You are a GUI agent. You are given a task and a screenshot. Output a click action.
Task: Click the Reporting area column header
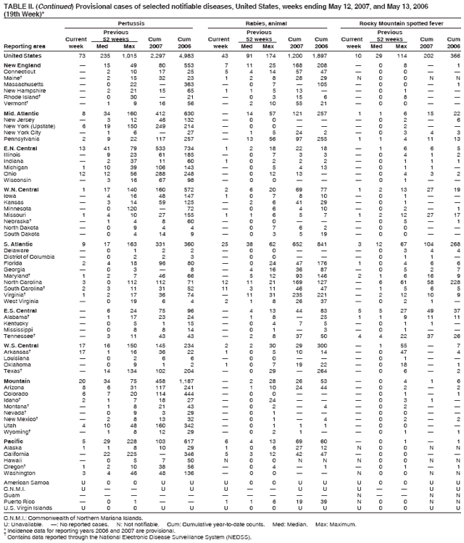(22, 46)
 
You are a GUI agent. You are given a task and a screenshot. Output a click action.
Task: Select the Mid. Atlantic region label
(20, 113)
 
